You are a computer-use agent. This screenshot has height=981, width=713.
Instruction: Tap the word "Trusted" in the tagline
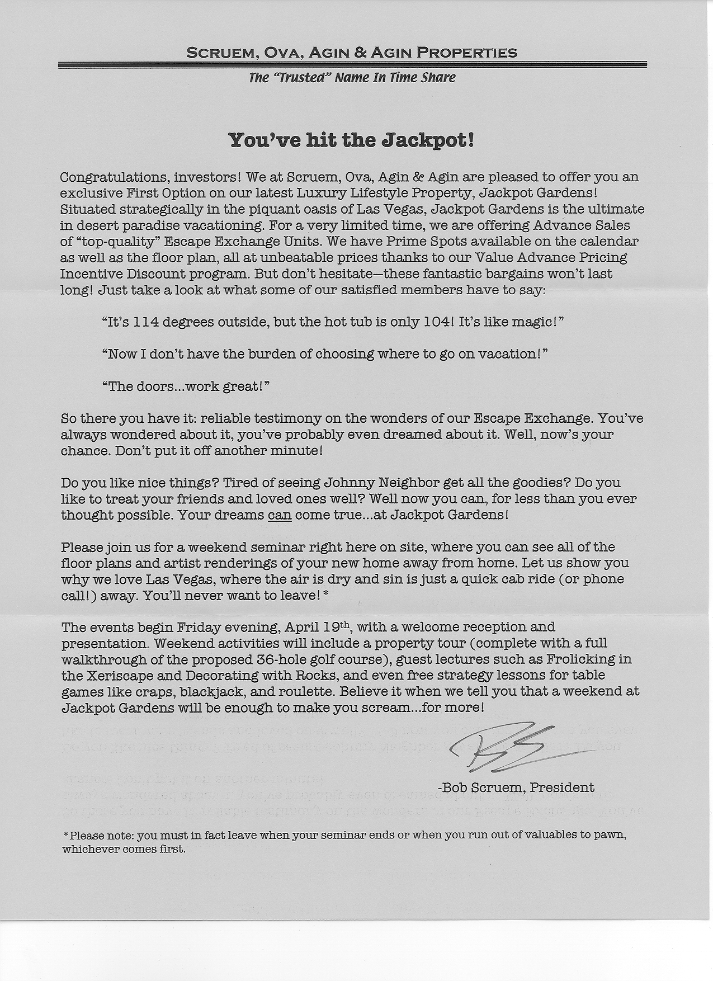303,78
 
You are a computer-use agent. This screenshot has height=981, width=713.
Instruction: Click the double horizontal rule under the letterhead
352,66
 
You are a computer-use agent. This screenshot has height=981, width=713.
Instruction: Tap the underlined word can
280,515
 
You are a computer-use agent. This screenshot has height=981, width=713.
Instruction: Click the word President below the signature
563,788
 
